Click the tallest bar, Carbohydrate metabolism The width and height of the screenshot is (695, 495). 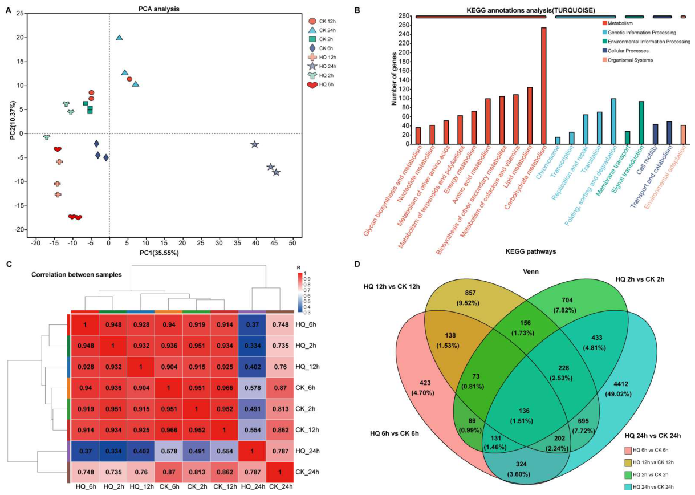click(x=543, y=86)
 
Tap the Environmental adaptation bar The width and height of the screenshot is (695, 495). click(x=683, y=135)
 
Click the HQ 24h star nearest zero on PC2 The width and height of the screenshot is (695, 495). click(x=254, y=144)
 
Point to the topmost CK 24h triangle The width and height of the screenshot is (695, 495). click(x=119, y=38)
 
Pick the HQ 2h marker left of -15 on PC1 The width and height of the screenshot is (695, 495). click(x=47, y=137)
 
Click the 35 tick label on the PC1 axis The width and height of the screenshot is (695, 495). click(x=238, y=243)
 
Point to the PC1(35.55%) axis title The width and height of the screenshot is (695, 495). click(x=159, y=253)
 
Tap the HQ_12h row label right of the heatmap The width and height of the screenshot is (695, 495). click(x=307, y=367)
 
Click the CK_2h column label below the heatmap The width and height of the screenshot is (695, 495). click(x=197, y=487)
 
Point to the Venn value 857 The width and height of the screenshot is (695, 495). click(x=470, y=293)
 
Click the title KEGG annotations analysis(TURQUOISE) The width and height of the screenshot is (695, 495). click(x=531, y=11)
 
